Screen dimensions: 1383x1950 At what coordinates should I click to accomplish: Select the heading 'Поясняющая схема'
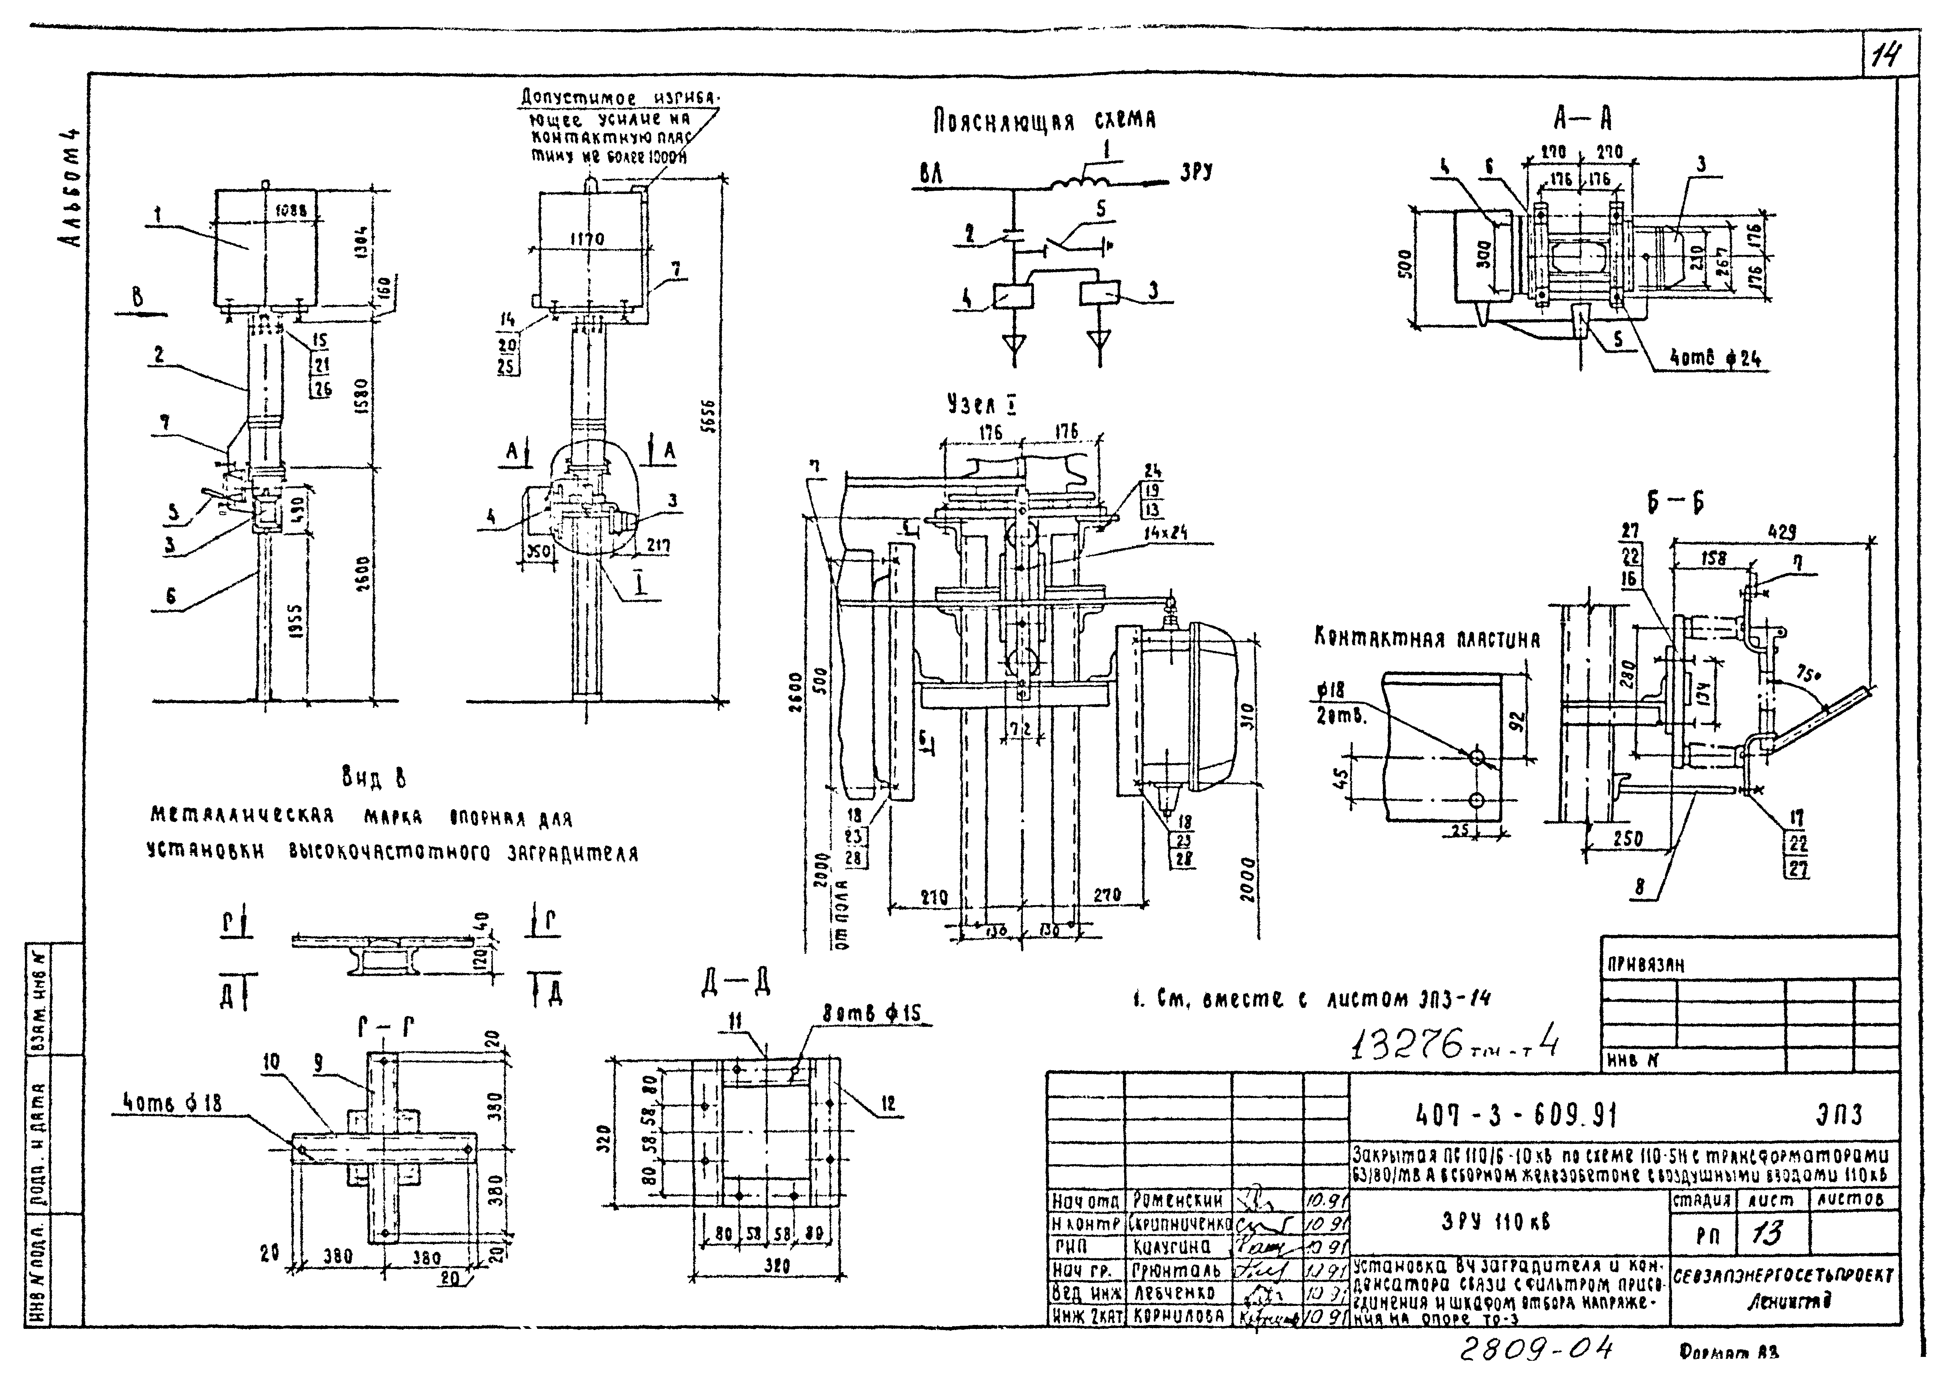[x=1044, y=122]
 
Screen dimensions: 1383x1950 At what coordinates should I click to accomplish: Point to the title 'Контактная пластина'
[x=1427, y=639]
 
